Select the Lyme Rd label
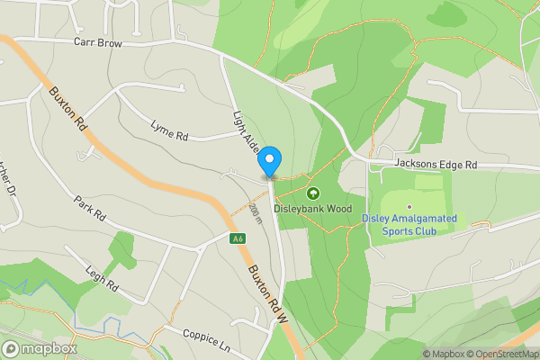point(169,131)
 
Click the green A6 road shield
point(238,239)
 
